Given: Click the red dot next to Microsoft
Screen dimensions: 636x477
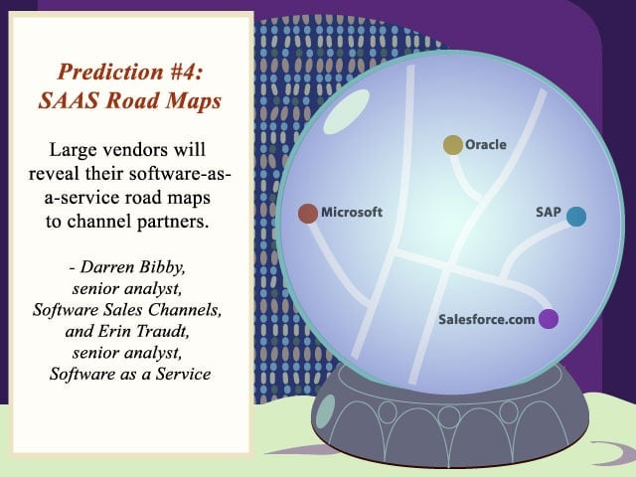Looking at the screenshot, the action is (x=308, y=214).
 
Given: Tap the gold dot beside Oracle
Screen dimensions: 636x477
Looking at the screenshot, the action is (x=453, y=145).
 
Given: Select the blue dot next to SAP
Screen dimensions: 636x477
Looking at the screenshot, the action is (x=576, y=217).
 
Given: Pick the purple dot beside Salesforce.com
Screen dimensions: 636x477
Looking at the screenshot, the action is (x=549, y=319).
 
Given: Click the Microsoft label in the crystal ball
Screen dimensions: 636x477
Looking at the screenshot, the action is (x=352, y=212).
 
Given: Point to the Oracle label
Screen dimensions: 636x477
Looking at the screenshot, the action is (x=486, y=144).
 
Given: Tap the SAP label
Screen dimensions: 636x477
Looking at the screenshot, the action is (x=548, y=212).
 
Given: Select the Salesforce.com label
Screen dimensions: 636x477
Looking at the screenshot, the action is (x=486, y=319).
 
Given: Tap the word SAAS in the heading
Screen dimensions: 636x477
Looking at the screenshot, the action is (x=69, y=100).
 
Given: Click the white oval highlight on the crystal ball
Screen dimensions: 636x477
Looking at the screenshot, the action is (x=347, y=111).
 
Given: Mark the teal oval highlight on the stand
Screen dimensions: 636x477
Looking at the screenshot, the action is (x=325, y=412).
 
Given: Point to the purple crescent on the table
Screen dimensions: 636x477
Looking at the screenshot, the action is (x=618, y=452).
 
